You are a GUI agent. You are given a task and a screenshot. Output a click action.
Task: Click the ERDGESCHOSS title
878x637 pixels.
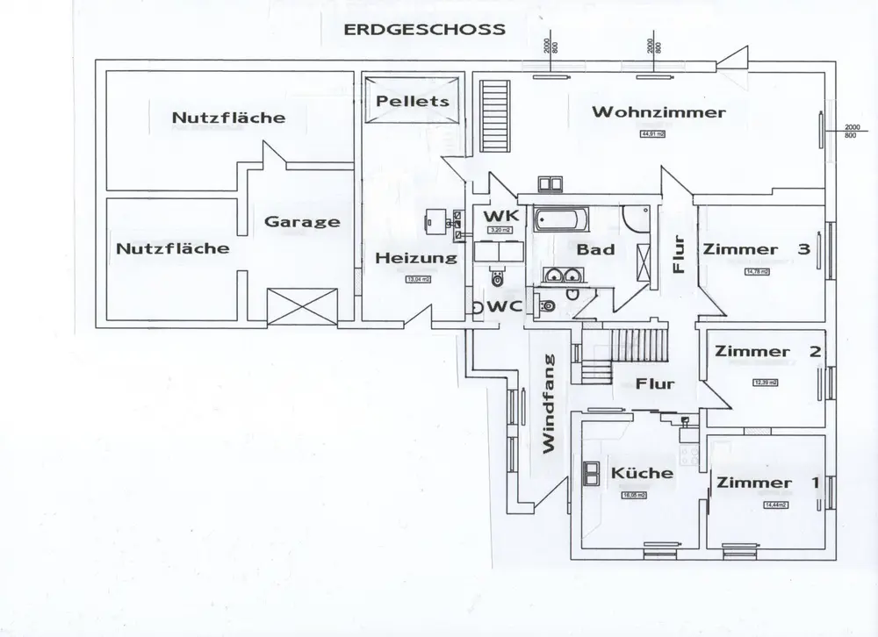(x=425, y=28)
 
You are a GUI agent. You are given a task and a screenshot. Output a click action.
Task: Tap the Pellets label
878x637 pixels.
(x=412, y=101)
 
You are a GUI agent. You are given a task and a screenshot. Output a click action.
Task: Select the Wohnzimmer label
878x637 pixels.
(x=658, y=112)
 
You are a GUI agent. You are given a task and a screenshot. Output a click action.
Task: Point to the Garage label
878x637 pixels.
(x=302, y=221)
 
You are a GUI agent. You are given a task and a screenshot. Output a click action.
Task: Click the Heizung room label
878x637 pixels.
(x=416, y=258)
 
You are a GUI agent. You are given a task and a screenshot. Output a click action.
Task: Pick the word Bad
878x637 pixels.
(x=594, y=250)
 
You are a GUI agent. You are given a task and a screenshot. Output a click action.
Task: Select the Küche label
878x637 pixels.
(x=642, y=473)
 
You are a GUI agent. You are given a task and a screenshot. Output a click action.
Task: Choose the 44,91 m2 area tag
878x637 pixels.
(x=653, y=134)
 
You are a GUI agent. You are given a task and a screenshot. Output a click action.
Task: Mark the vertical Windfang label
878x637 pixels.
(x=550, y=403)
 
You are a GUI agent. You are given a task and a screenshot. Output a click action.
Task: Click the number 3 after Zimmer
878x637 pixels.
(x=803, y=249)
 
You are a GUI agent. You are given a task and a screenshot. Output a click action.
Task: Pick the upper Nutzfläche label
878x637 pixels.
(x=228, y=117)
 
